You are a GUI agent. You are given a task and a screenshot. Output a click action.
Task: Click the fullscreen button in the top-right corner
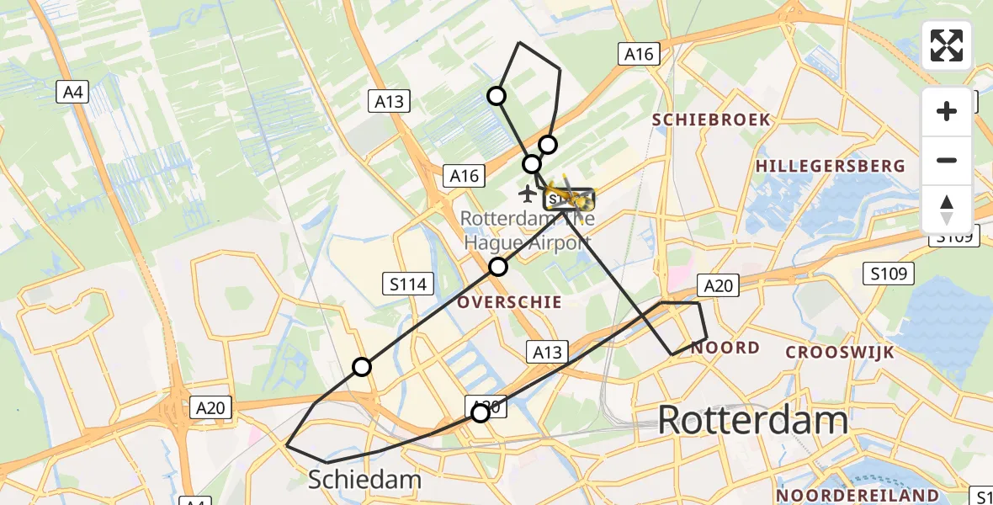pyautogui.click(x=947, y=45)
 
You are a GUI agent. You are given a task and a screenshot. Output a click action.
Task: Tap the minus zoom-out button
pyautogui.click(x=947, y=160)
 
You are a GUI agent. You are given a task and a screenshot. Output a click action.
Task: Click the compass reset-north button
pyautogui.click(x=947, y=210)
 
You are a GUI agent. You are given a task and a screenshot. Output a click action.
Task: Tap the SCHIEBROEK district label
pyautogui.click(x=712, y=120)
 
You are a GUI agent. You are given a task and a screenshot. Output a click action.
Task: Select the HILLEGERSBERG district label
pyautogui.click(x=830, y=167)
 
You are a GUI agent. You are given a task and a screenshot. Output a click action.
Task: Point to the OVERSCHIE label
pyautogui.click(x=510, y=301)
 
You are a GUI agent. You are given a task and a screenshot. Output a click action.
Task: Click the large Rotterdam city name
pyautogui.click(x=752, y=419)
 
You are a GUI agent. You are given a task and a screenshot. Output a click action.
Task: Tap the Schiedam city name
pyautogui.click(x=364, y=480)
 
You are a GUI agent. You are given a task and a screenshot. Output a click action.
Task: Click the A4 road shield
pyautogui.click(x=73, y=92)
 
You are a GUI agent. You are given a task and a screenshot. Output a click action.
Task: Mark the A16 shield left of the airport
pyautogui.click(x=464, y=175)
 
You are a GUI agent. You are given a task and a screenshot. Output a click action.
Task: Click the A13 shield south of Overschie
pyautogui.click(x=547, y=351)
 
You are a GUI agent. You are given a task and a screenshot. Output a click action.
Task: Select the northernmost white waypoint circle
pyautogui.click(x=496, y=96)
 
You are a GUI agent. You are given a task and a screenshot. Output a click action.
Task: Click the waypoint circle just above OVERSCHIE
pyautogui.click(x=498, y=267)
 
